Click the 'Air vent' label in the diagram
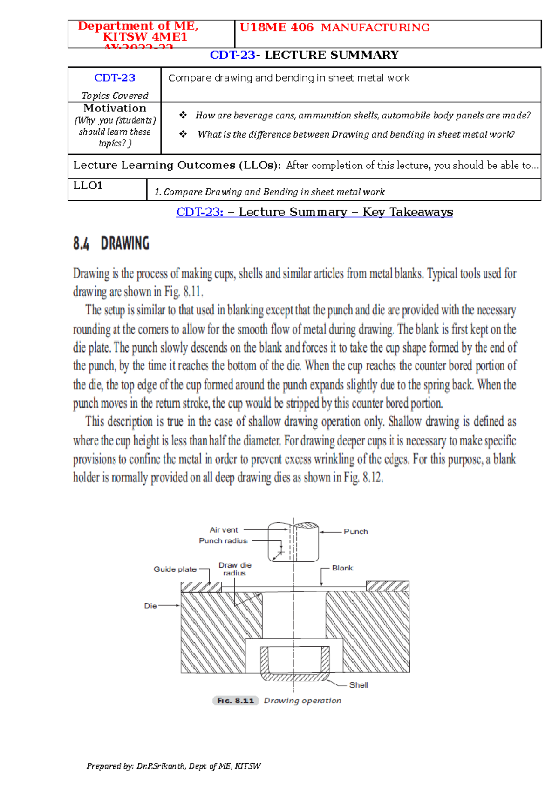(x=224, y=530)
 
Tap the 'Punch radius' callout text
(x=223, y=541)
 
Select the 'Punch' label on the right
(x=355, y=531)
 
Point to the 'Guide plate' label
(x=175, y=569)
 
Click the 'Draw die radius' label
(x=235, y=569)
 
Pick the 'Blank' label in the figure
(x=342, y=568)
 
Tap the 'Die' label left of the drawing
(x=150, y=605)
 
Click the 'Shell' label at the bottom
(x=358, y=685)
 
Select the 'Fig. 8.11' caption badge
(x=236, y=701)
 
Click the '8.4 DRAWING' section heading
(x=111, y=243)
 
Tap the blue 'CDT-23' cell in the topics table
(x=115, y=78)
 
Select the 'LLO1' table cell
(x=88, y=186)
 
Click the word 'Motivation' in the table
(x=115, y=108)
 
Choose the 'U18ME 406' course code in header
(x=277, y=28)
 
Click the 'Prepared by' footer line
(x=173, y=766)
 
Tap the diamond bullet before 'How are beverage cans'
(x=183, y=115)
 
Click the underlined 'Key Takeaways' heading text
(x=408, y=212)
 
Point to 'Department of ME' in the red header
(x=138, y=26)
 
